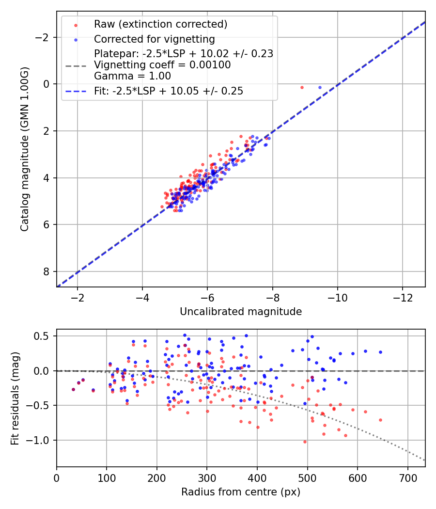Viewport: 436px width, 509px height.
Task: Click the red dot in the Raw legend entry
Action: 76,24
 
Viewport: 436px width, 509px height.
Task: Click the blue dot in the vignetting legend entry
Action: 76,39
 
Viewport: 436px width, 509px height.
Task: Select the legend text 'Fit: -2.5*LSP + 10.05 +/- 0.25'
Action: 169,91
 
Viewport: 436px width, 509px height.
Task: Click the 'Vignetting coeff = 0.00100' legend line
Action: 162,64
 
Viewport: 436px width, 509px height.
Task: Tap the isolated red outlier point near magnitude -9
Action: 302,87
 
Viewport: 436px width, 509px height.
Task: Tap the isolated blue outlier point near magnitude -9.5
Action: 320,87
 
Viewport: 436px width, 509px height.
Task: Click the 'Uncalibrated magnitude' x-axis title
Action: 241,312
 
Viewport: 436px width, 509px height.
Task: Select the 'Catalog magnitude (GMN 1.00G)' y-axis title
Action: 25,149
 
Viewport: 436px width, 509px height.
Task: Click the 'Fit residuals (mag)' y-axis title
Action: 15,398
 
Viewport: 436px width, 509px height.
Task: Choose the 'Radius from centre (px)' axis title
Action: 241,492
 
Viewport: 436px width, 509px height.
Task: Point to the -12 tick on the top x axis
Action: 403,297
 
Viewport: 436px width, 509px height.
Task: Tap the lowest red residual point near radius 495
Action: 305,442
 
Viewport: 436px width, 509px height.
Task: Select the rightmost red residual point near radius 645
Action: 380,420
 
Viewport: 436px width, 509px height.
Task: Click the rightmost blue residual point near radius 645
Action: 380,352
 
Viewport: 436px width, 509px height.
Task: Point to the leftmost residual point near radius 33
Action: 73,389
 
